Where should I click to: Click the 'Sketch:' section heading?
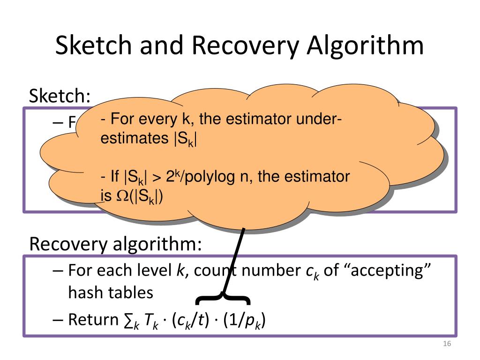coord(60,97)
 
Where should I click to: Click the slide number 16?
coord(446,345)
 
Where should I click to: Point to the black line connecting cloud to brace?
coord(233,262)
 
